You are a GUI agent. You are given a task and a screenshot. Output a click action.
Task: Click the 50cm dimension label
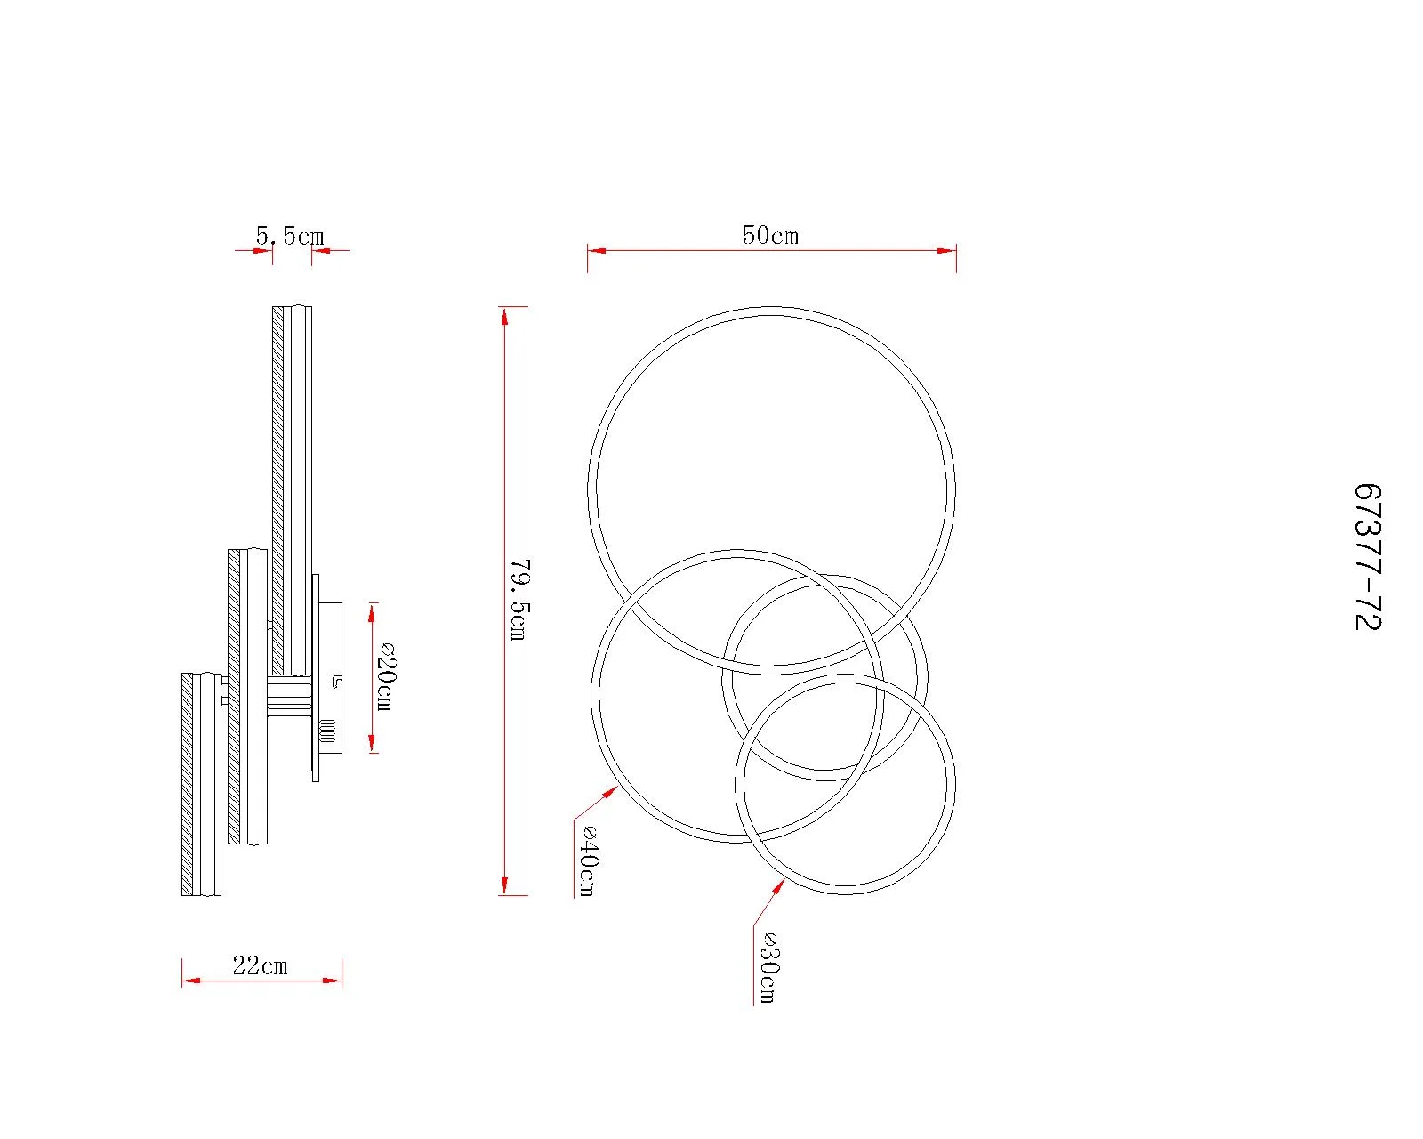click(769, 235)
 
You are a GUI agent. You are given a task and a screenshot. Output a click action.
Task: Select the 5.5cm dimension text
click(290, 236)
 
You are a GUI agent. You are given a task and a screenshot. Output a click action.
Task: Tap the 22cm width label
click(261, 965)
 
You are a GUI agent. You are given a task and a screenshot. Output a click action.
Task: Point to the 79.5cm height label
click(519, 599)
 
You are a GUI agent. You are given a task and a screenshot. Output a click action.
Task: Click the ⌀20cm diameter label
click(384, 675)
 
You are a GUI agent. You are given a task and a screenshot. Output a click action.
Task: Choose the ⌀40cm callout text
click(588, 860)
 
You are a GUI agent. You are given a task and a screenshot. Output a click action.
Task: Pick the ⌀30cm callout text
click(768, 967)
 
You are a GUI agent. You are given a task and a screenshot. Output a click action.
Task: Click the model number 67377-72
click(1367, 556)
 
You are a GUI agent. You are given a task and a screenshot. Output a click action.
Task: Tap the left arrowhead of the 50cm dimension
click(597, 250)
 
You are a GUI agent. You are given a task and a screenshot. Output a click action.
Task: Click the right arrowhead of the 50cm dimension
click(947, 250)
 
